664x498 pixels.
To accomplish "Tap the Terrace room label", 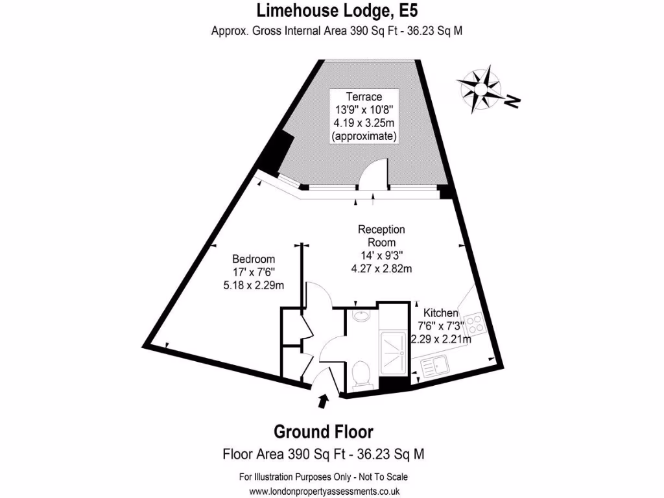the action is click(x=364, y=97).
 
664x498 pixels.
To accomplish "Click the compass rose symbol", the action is click(x=480, y=89).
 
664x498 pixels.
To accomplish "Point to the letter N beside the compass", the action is click(x=513, y=102).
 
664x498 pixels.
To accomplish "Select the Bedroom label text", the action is click(x=254, y=259).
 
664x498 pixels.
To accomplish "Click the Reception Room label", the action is click(x=381, y=236).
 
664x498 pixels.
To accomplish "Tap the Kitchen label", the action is click(x=441, y=313).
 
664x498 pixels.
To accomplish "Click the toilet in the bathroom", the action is click(x=361, y=374).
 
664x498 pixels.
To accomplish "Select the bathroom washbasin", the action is click(x=361, y=316).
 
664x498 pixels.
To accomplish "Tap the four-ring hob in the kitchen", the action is click(x=474, y=323).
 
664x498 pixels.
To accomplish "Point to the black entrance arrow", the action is click(x=323, y=401).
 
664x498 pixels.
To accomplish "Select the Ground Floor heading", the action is click(x=324, y=432).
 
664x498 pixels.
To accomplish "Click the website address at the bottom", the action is click(x=324, y=492).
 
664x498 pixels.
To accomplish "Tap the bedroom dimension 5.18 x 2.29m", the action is click(x=254, y=285).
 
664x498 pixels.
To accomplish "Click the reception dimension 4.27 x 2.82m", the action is click(x=381, y=268).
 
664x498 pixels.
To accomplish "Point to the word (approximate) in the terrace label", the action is click(x=364, y=136).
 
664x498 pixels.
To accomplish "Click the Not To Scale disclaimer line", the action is click(x=324, y=477).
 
